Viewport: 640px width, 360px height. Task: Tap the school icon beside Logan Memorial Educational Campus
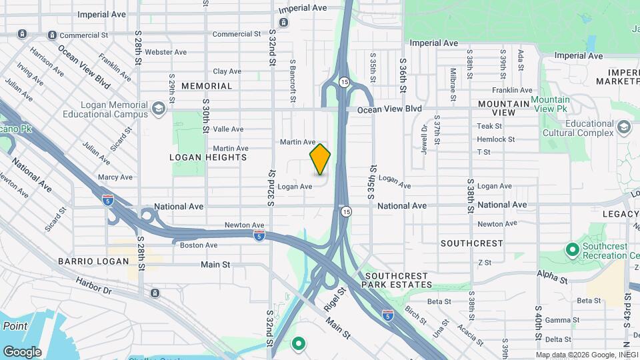[x=158, y=108]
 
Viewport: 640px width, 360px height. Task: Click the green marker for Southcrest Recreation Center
[x=571, y=250]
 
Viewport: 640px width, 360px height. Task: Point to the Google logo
[x=21, y=351]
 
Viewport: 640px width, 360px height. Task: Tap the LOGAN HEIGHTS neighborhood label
[x=208, y=157]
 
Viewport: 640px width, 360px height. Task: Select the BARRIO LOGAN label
[x=93, y=261]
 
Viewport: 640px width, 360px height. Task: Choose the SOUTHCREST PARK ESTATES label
[x=397, y=280]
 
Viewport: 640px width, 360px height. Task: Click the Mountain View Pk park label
[x=550, y=104]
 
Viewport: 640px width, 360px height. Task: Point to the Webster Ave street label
[x=164, y=51]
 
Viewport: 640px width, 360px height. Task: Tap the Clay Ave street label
[x=227, y=71]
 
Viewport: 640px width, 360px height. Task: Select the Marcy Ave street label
[x=115, y=177]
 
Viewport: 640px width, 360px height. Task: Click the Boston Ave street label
[x=199, y=245]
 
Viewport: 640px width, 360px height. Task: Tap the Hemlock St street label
[x=495, y=139]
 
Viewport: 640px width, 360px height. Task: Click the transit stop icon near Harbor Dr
[x=155, y=293]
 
